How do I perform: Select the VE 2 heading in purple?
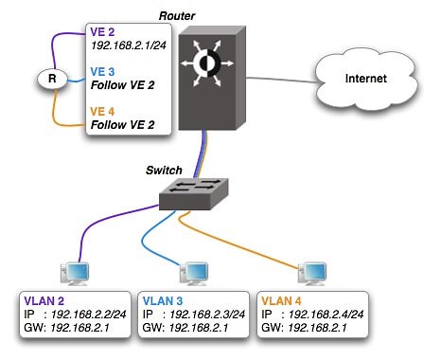[103, 30]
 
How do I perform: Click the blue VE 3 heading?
[103, 70]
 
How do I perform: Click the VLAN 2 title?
[43, 300]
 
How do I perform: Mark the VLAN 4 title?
[282, 300]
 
